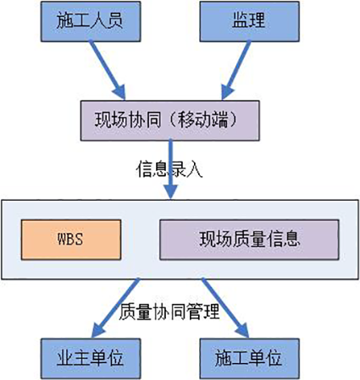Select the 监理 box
(249, 21)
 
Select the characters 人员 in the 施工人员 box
(102, 21)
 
